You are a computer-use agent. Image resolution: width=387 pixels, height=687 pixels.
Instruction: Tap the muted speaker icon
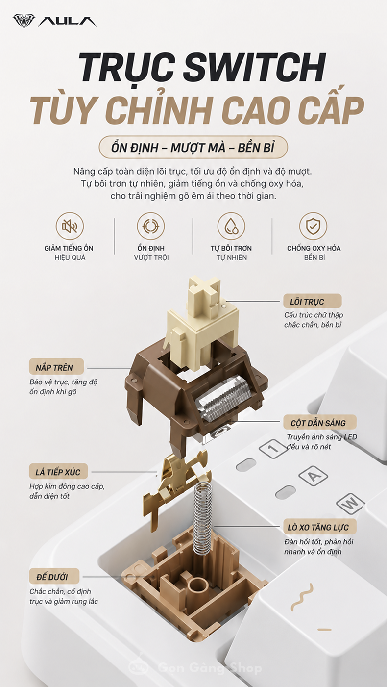pyautogui.click(x=70, y=227)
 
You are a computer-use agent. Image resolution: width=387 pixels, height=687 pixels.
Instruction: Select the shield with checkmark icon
pyautogui.click(x=313, y=227)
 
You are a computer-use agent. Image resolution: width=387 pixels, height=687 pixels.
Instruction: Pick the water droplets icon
pyautogui.click(x=231, y=227)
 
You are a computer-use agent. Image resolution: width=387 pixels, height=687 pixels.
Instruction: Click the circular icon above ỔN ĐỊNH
pyautogui.click(x=151, y=227)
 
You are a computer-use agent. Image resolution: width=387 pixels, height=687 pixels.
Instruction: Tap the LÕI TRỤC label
pyautogui.click(x=312, y=302)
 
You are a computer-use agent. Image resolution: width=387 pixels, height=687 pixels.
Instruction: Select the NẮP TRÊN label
pyautogui.click(x=56, y=367)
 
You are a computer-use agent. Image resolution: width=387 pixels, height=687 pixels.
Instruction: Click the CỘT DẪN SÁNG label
pyautogui.click(x=319, y=423)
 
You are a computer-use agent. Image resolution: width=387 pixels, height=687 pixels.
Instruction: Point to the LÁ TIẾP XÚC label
pyautogui.click(x=59, y=472)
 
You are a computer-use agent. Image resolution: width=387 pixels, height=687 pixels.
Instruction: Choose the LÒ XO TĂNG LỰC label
pyautogui.click(x=320, y=527)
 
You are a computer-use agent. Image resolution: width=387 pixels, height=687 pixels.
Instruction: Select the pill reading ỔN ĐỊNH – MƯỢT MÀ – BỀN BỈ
pyautogui.click(x=193, y=148)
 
